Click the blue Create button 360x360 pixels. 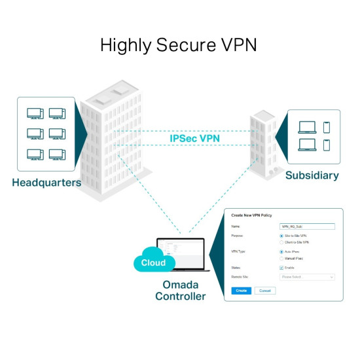241,290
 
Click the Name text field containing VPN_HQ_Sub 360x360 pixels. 307,226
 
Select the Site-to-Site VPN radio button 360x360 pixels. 281,235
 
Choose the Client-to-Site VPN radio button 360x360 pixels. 281,242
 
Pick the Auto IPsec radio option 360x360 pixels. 281,251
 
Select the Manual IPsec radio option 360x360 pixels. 281,259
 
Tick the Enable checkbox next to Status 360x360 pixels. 281,268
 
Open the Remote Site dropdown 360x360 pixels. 307,277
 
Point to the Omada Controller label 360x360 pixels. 180,291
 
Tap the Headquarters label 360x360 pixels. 46,183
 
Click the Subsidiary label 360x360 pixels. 312,175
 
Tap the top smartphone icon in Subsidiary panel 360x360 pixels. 327,126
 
